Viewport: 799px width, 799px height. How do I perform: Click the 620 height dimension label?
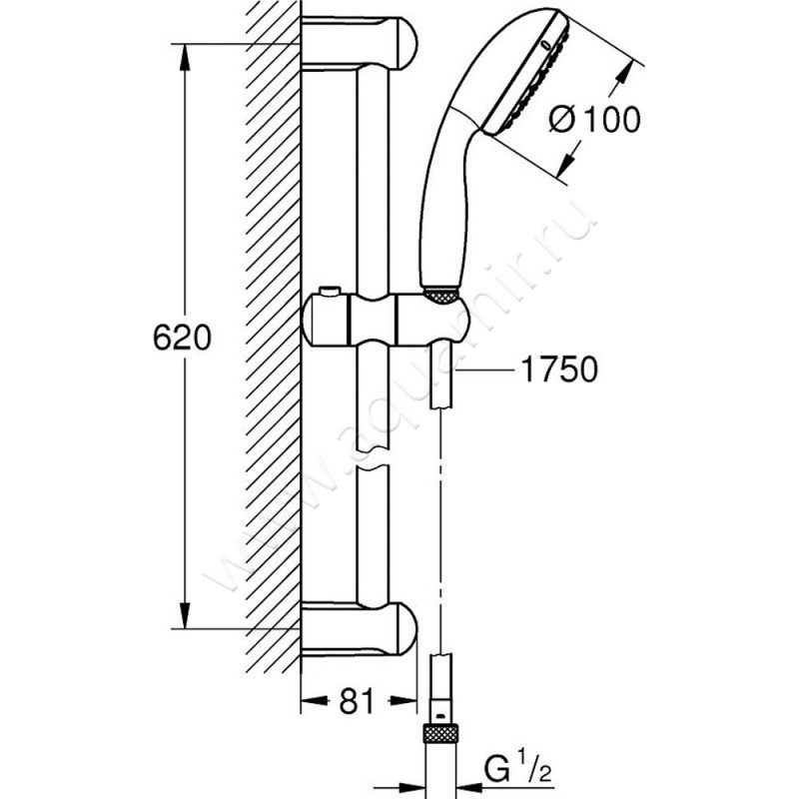pyautogui.click(x=182, y=339)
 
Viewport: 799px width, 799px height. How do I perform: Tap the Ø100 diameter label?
pyautogui.click(x=595, y=121)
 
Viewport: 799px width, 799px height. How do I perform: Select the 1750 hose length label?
pyautogui.click(x=558, y=371)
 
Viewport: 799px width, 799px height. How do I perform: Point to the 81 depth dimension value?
pyautogui.click(x=357, y=702)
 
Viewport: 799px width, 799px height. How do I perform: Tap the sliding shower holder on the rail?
pyautogui.click(x=385, y=320)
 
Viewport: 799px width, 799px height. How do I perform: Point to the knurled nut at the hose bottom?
pyautogui.click(x=440, y=734)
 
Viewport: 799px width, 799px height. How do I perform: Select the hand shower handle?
pyautogui.click(x=444, y=200)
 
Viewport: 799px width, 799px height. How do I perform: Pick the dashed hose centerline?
pyautogui.click(x=440, y=519)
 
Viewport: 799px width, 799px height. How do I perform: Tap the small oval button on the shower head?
pyautogui.click(x=544, y=45)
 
